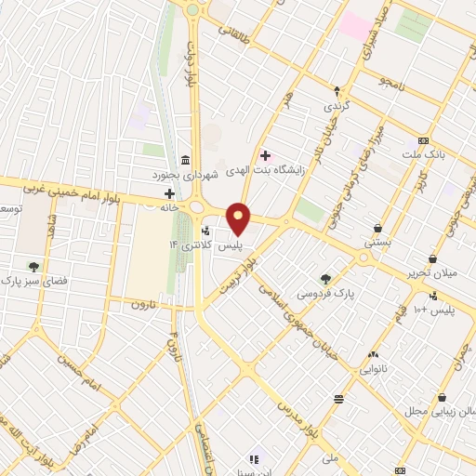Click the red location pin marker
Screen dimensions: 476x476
pyautogui.click(x=239, y=219)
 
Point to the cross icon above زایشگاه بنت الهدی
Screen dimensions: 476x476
pyautogui.click(x=266, y=153)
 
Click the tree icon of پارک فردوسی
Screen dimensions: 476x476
pyautogui.click(x=325, y=277)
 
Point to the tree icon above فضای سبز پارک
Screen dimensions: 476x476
pyautogui.click(x=34, y=266)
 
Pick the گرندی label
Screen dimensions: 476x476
pyautogui.click(x=336, y=107)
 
